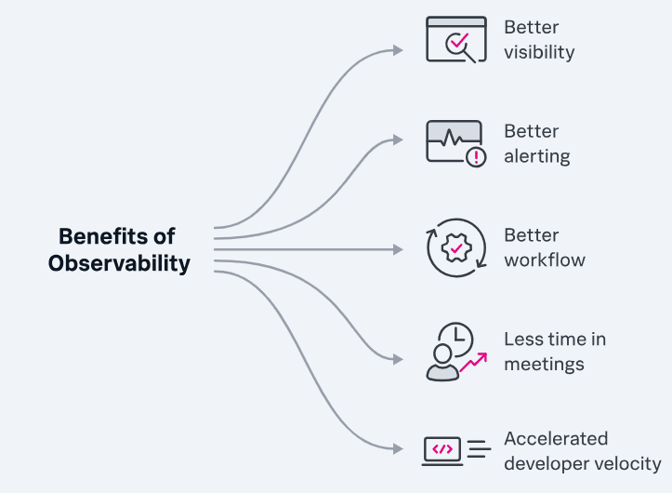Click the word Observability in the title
coord(119,263)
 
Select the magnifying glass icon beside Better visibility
coord(459,44)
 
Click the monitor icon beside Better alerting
coord(454,140)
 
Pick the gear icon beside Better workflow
coord(455,248)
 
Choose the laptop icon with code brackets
coord(443,450)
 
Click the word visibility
coord(539,52)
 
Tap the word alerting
coord(537,156)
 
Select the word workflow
coord(545,260)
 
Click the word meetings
coord(544,364)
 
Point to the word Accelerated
coord(556,438)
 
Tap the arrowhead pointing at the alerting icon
coord(399,140)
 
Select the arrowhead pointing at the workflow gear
coord(399,249)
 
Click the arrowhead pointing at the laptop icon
coord(399,449)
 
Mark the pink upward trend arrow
coord(474,361)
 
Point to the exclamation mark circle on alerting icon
coord(477,157)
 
